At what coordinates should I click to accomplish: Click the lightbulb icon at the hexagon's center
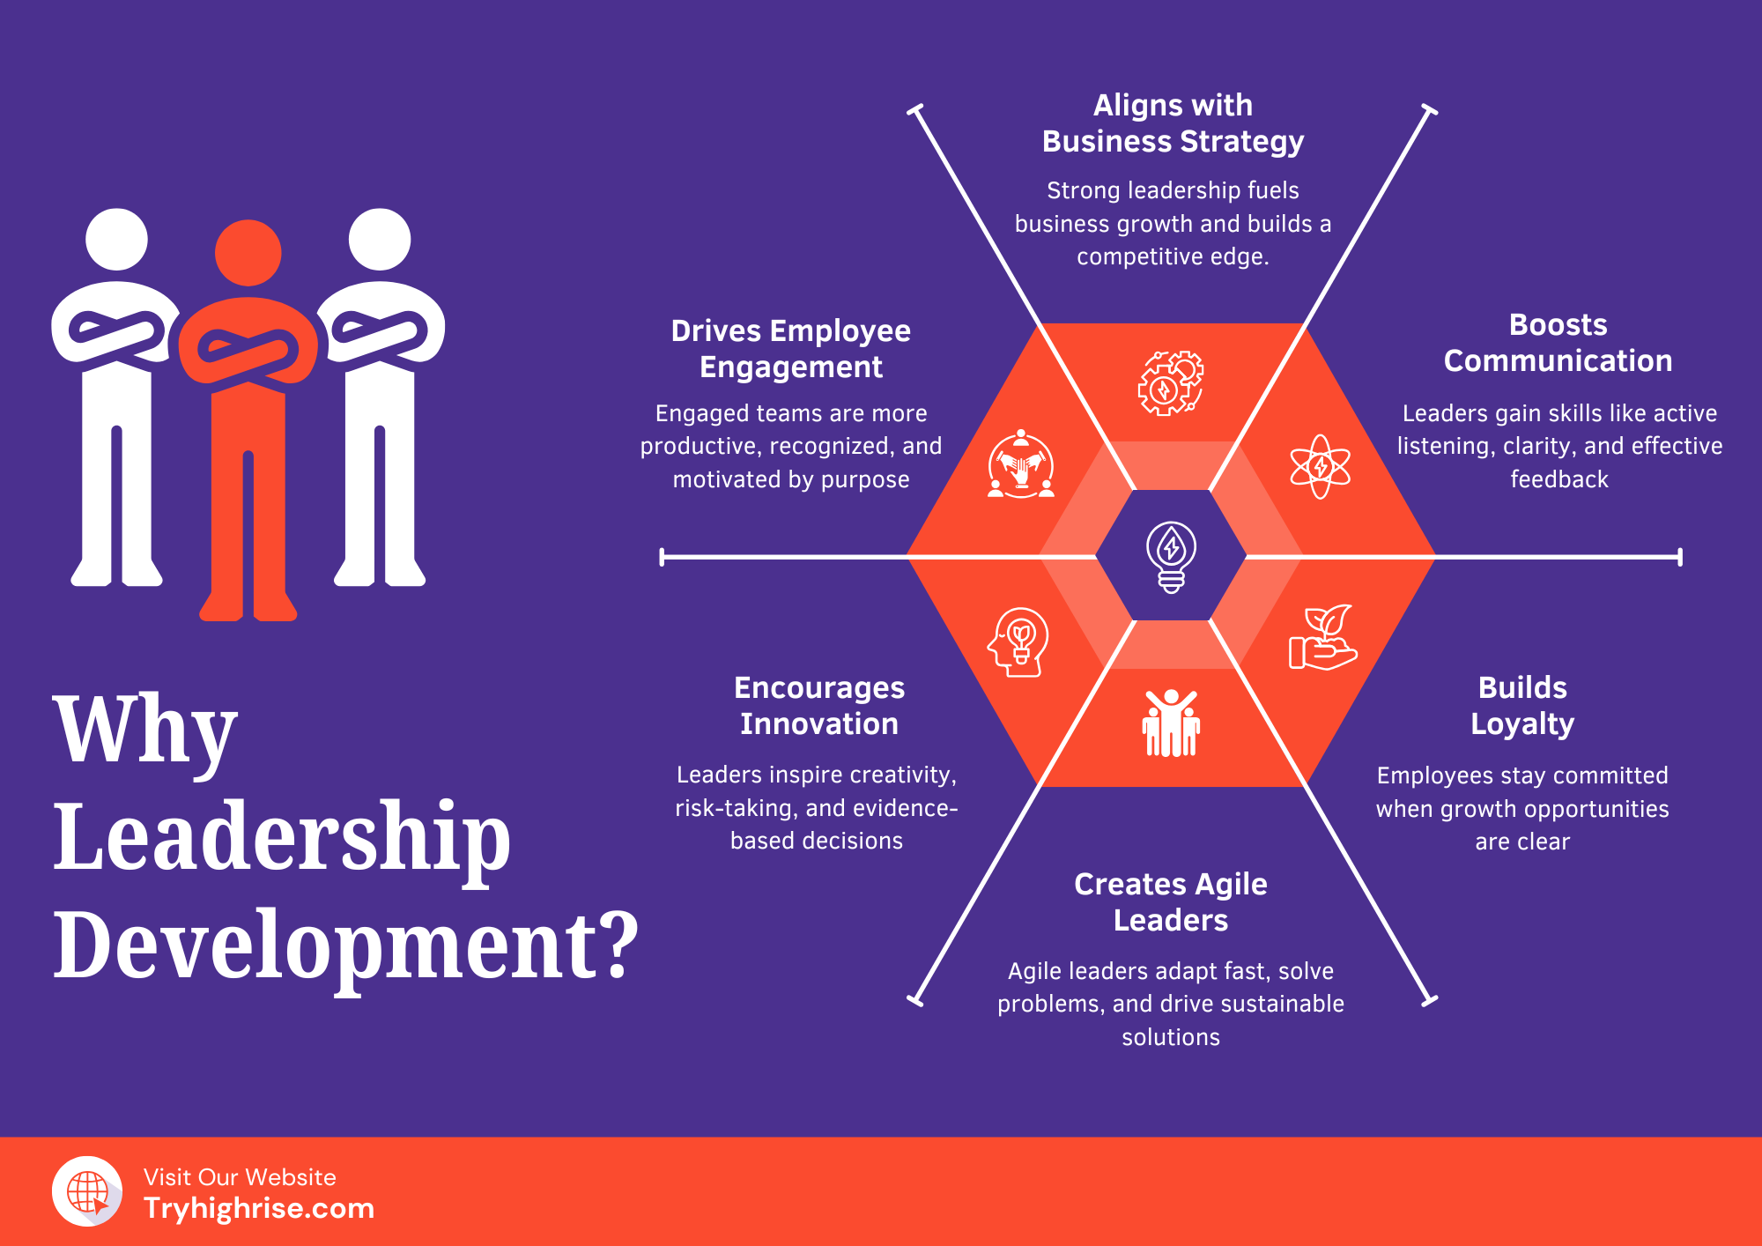coord(1171,556)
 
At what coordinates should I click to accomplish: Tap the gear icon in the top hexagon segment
coord(1170,383)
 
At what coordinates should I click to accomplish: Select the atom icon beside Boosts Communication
coord(1320,466)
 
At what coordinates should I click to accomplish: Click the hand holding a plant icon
coord(1321,638)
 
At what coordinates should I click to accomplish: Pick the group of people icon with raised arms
coord(1171,723)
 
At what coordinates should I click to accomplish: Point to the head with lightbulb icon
coord(1019,642)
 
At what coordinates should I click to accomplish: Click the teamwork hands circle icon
coord(1021,464)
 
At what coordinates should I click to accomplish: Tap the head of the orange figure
coord(248,253)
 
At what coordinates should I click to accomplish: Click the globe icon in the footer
coord(88,1191)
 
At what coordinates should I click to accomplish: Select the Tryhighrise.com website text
coord(259,1208)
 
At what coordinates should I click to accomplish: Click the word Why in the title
coord(145,731)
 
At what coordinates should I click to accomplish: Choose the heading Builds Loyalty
coord(1522,705)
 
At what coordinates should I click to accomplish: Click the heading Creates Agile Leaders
coord(1171,901)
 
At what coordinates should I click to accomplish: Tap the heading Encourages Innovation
coord(819,705)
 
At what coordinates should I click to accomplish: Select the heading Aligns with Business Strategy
coord(1173,123)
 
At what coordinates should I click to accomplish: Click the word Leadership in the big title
coord(282,837)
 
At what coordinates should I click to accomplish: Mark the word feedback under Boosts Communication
coord(1559,479)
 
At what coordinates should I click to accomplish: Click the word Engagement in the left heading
coord(791,367)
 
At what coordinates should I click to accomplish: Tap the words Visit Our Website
coord(240,1177)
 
